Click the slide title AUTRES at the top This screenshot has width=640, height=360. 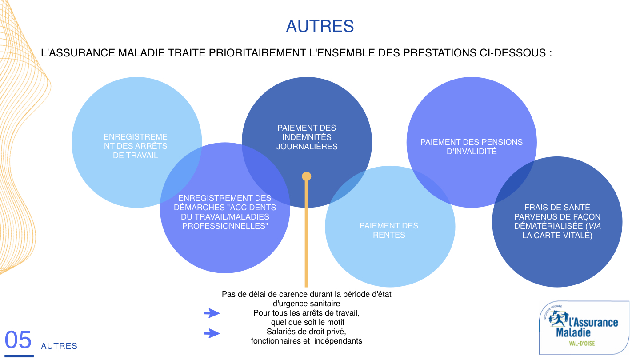[320, 26]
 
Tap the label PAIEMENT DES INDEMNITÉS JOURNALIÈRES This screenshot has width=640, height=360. [307, 137]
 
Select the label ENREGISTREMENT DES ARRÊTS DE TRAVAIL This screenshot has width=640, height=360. [136, 146]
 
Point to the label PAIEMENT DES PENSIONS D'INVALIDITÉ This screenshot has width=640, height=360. [472, 147]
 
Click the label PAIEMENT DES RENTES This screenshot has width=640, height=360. [389, 230]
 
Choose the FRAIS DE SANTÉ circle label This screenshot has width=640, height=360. [557, 221]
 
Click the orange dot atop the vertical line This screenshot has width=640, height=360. [306, 176]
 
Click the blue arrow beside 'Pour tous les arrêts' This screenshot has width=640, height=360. [212, 313]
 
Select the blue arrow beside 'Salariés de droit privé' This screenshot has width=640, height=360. [212, 333]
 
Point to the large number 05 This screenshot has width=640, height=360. [19, 340]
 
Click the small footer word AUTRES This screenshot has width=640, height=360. [59, 346]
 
